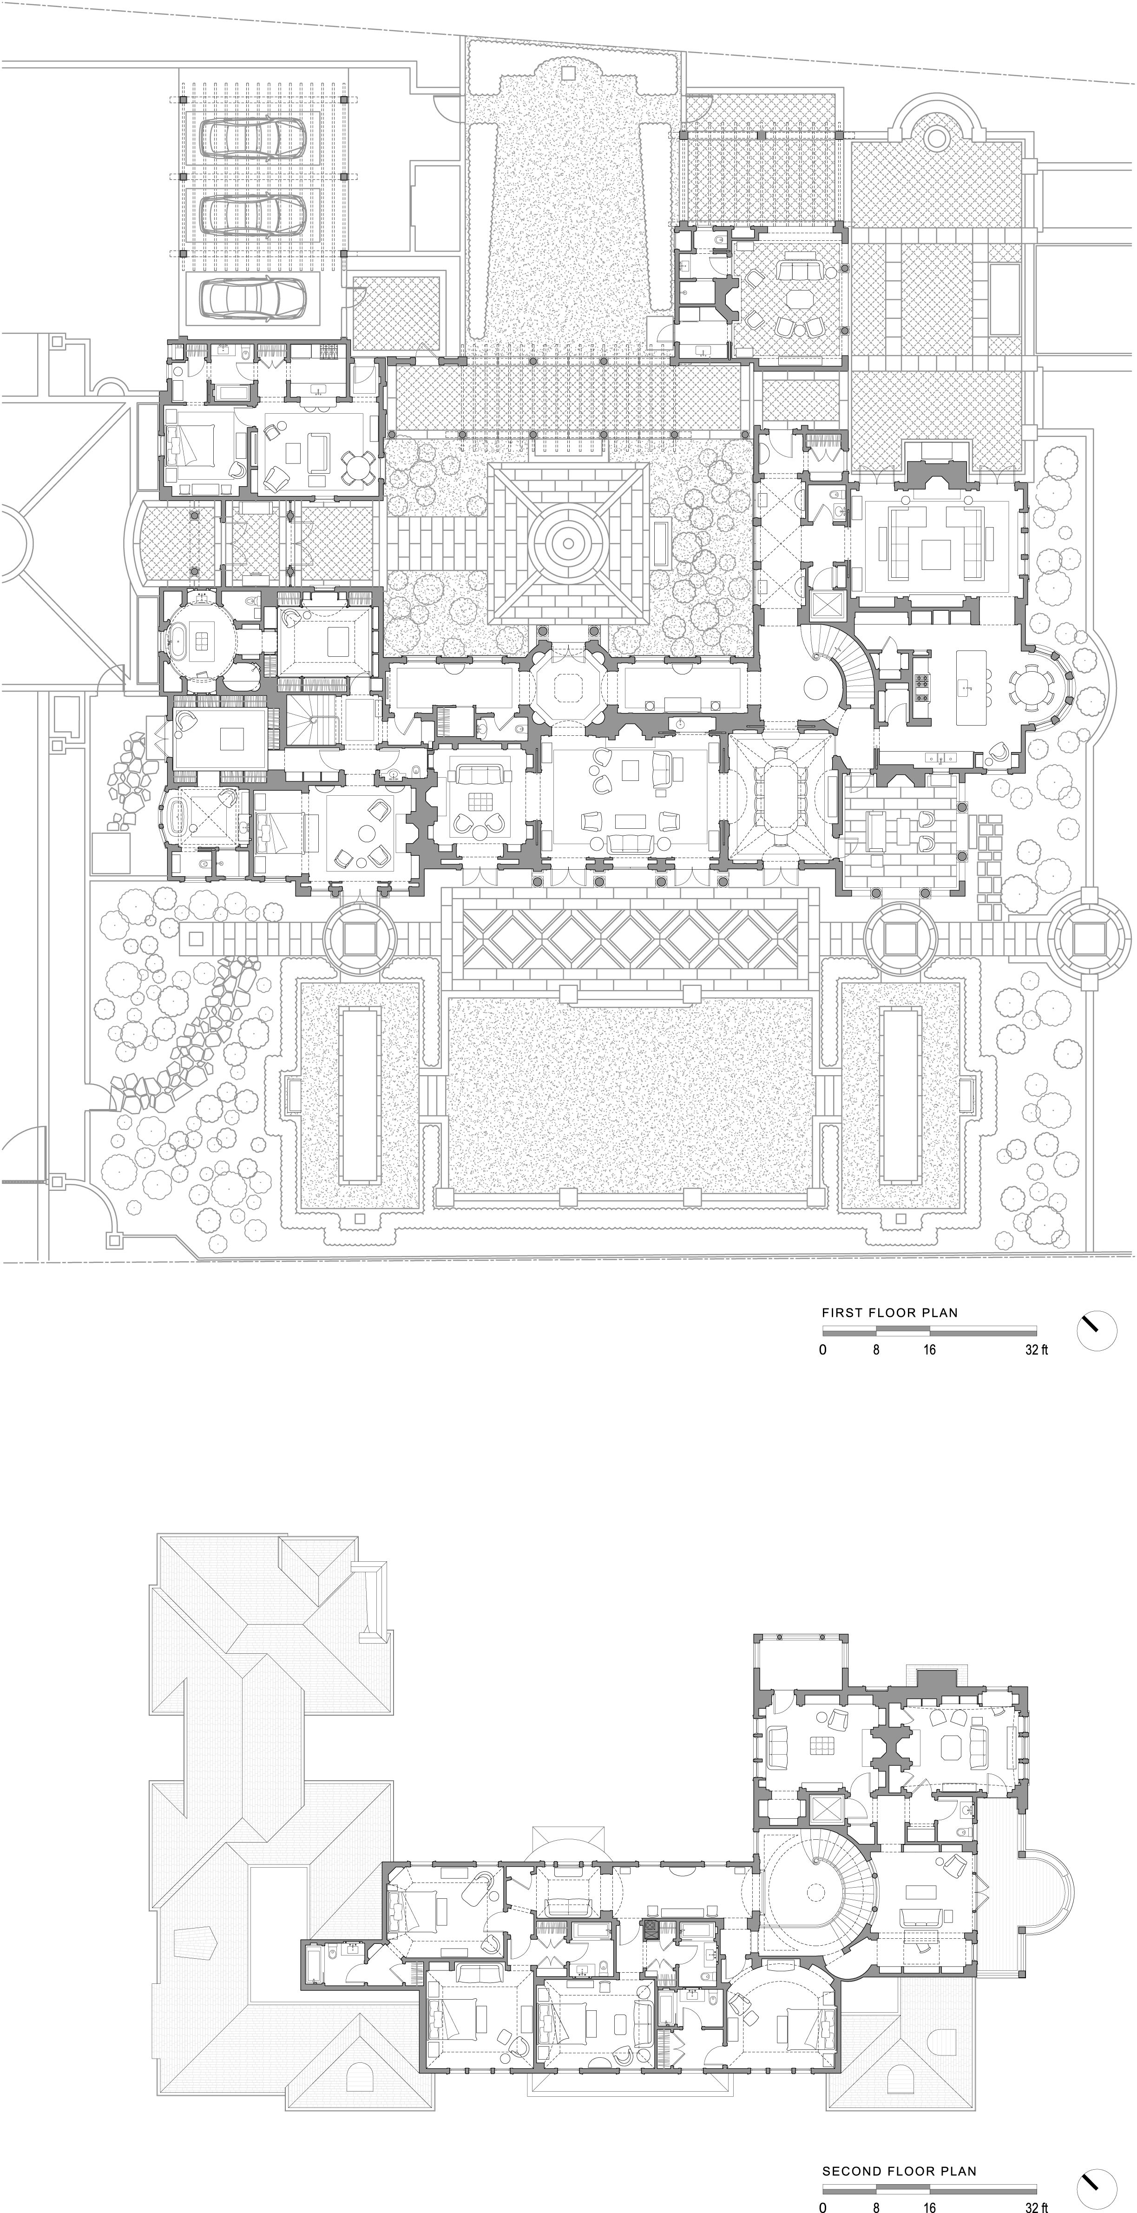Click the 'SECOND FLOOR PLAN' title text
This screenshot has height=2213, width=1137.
tap(898, 2171)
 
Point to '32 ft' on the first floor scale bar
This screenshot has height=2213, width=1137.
tap(1037, 1350)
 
